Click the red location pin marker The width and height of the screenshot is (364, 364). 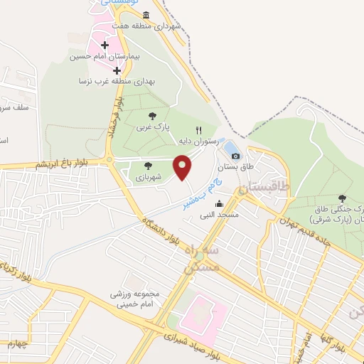[183, 168]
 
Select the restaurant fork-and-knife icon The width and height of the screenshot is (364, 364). [199, 131]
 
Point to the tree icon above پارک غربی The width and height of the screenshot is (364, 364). [151, 115]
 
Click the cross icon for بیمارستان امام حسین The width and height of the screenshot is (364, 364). [105, 45]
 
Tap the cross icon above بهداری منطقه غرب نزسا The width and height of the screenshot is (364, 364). [117, 70]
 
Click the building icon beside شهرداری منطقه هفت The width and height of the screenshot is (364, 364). [146, 15]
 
